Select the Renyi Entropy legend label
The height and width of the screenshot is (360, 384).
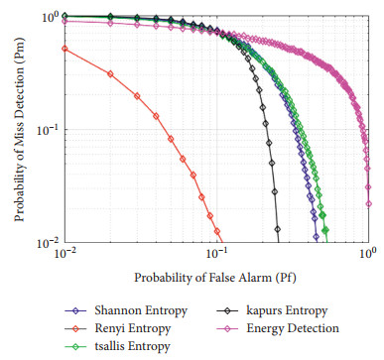click(135, 328)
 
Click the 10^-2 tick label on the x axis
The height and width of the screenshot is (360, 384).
click(64, 256)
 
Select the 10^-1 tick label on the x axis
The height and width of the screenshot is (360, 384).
click(217, 256)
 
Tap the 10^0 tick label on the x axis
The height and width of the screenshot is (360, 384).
click(367, 256)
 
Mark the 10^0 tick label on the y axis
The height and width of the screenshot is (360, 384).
click(45, 18)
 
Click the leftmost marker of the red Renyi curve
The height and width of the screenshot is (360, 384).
click(64, 48)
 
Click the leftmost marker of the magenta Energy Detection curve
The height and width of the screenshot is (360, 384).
click(64, 21)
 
